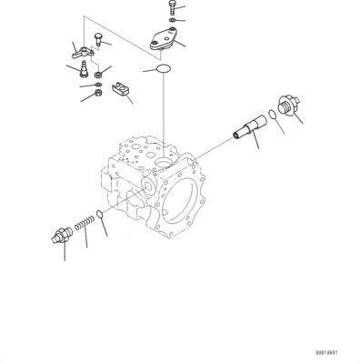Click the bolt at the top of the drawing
(169, 6)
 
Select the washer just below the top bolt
(171, 19)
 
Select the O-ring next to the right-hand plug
(276, 117)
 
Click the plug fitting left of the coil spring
(61, 237)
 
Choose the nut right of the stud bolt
(97, 73)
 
